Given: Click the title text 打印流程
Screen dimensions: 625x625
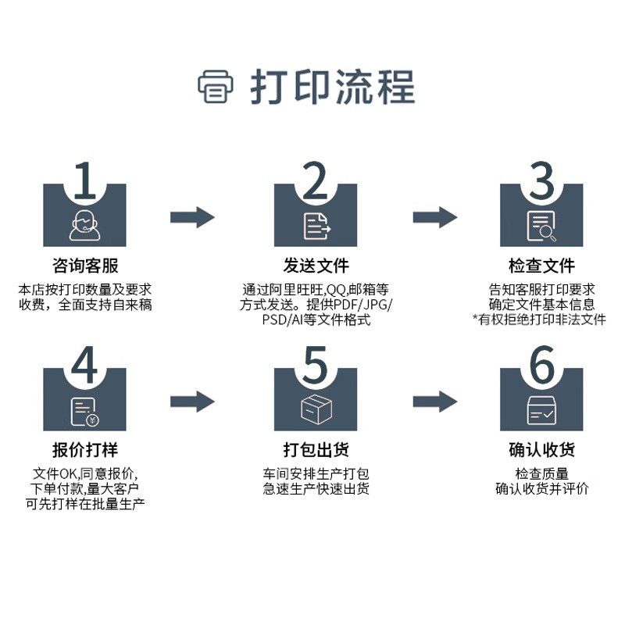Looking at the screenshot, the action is coord(332,86).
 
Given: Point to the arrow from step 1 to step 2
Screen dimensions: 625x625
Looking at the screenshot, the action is coord(193,217).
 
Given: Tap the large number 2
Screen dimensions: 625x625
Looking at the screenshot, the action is coord(316,182).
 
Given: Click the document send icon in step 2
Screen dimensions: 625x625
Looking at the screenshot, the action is coord(316,225).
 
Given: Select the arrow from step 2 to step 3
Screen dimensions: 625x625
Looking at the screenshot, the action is coord(435,217).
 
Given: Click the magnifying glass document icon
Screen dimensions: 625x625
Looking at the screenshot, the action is coord(541,226).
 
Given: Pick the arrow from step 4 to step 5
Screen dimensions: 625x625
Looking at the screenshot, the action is coord(193,402).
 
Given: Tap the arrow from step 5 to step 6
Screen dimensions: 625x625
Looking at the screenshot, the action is coord(435,402).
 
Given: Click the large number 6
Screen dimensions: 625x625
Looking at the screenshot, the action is coord(541,366).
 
